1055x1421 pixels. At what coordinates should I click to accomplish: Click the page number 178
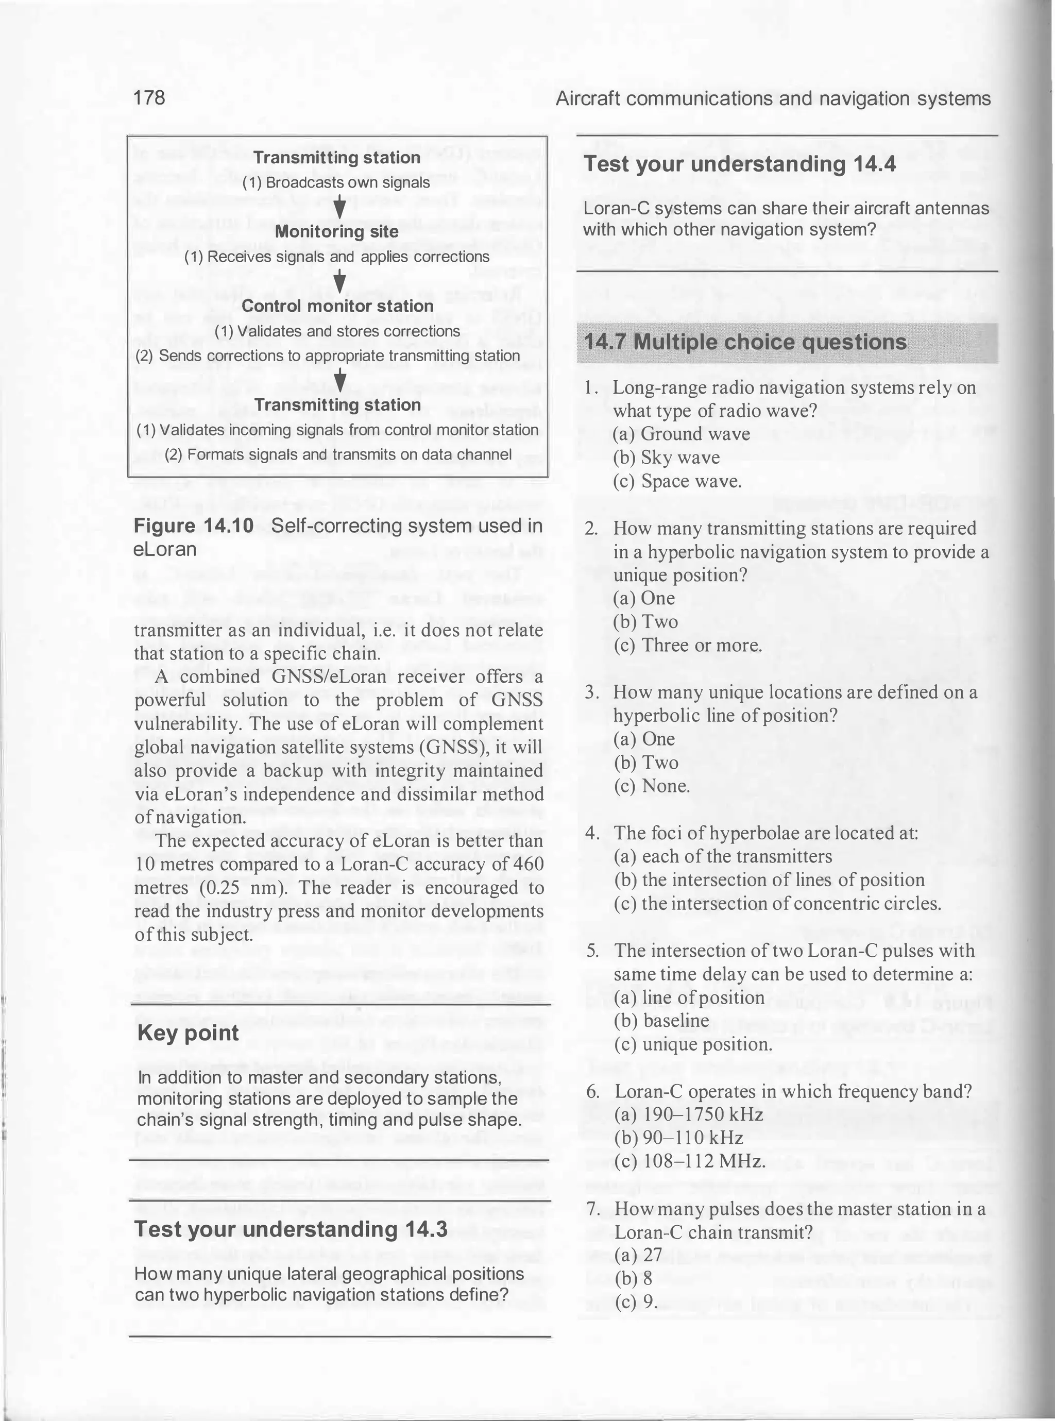(x=149, y=98)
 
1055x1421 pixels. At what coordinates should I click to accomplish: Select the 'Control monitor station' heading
(x=337, y=306)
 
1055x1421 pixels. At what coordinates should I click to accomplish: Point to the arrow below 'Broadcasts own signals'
(x=341, y=206)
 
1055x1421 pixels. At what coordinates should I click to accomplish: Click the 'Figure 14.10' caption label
(x=194, y=526)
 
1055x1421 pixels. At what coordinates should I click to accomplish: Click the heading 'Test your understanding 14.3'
(x=291, y=1229)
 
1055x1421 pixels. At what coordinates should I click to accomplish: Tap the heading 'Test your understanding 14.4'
(x=740, y=164)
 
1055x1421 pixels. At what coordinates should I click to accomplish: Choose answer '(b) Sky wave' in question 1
(x=666, y=458)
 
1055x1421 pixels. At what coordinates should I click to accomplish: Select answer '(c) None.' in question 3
(x=652, y=786)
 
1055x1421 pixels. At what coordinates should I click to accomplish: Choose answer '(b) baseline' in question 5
(x=661, y=1021)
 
